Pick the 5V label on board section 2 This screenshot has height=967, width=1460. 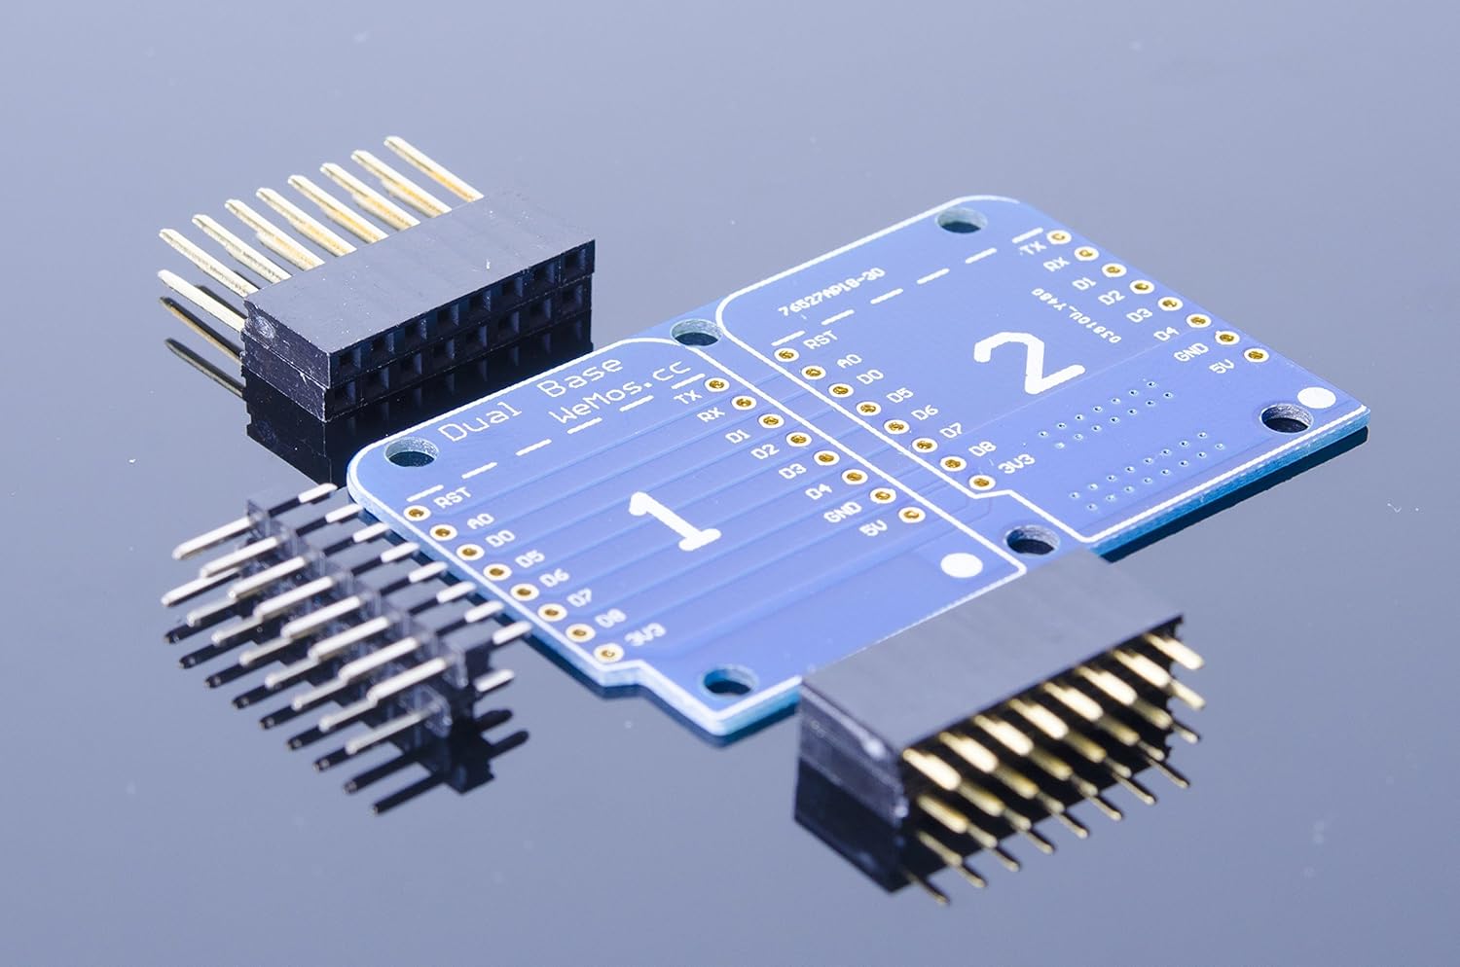pyautogui.click(x=1222, y=369)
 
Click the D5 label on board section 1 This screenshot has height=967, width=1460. pyautogui.click(x=529, y=558)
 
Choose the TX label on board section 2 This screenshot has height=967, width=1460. pyautogui.click(x=1032, y=248)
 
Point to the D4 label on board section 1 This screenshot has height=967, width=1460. pyautogui.click(x=819, y=491)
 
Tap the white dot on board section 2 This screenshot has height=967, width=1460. pyautogui.click(x=1316, y=398)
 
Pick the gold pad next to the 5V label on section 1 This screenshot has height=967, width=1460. pyautogui.click(x=912, y=516)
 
